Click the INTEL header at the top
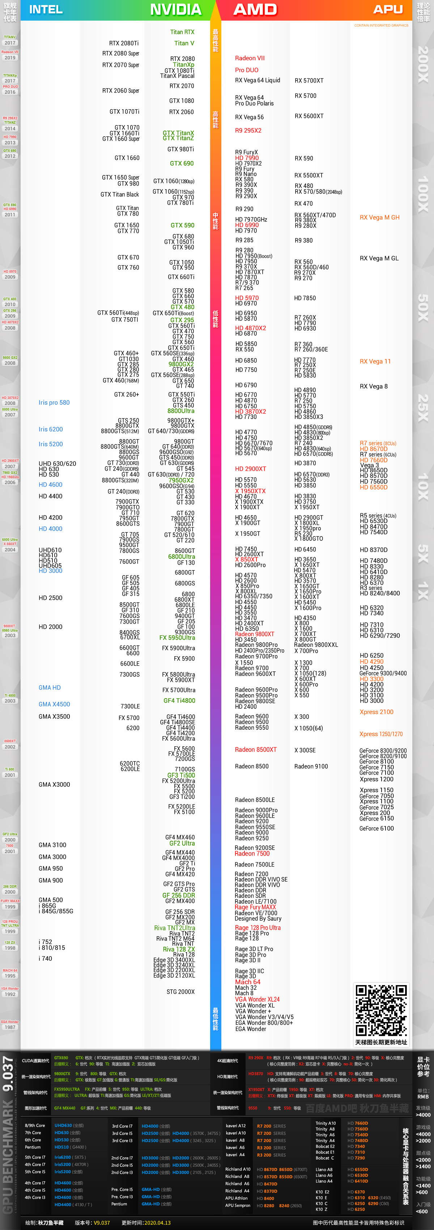(x=46, y=9)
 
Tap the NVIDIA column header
(x=176, y=9)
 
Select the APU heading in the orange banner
(x=388, y=9)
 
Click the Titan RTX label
(x=182, y=32)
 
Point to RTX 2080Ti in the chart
(x=124, y=43)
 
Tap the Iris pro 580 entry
(x=54, y=403)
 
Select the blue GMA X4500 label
(x=54, y=704)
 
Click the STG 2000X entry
(x=180, y=992)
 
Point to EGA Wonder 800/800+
(x=264, y=1023)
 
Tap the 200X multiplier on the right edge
(x=423, y=64)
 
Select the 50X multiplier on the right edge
(x=423, y=308)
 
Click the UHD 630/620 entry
(x=57, y=464)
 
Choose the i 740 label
(x=45, y=958)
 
